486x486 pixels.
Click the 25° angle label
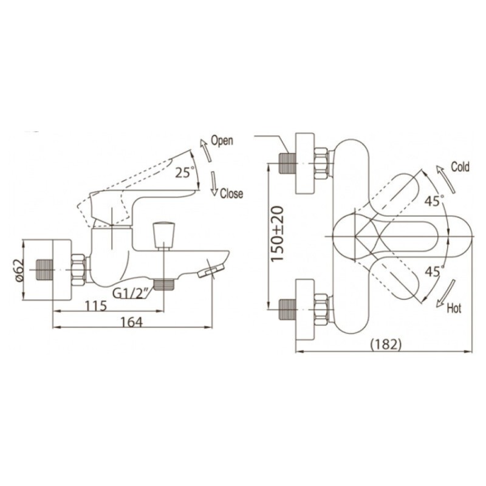pyautogui.click(x=185, y=173)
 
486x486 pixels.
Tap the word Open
pyautogui.click(x=222, y=141)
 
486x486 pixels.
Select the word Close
pyautogui.click(x=231, y=194)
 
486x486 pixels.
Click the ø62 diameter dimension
pyautogui.click(x=19, y=270)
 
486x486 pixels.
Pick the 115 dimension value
pyautogui.click(x=96, y=306)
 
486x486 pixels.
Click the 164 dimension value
pyautogui.click(x=131, y=322)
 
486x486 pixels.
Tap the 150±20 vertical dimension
pyautogui.click(x=277, y=234)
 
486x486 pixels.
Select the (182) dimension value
pyautogui.click(x=386, y=344)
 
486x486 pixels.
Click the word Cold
pyautogui.click(x=460, y=167)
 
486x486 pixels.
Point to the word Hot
pyautogui.click(x=454, y=309)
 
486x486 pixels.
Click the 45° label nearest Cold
pyautogui.click(x=434, y=201)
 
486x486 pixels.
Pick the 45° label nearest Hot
pyautogui.click(x=434, y=272)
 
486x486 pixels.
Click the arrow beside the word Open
pyautogui.click(x=206, y=150)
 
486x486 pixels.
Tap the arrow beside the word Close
pyautogui.click(x=214, y=183)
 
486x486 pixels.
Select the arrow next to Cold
pyautogui.click(x=446, y=179)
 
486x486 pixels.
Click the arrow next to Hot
pyautogui.click(x=446, y=293)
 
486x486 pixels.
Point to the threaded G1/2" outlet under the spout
pyautogui.click(x=163, y=284)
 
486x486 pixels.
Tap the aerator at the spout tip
pyautogui.click(x=210, y=271)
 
